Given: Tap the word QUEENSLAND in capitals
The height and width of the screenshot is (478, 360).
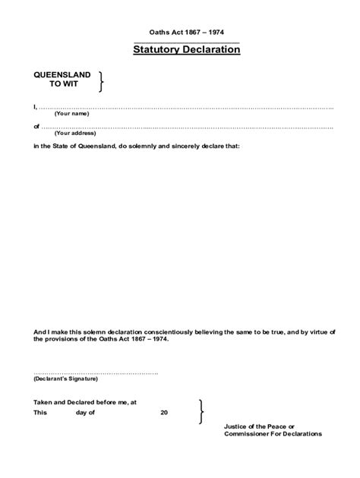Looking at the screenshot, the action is tap(62, 75).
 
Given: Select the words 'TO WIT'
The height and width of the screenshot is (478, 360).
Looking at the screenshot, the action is tap(62, 85).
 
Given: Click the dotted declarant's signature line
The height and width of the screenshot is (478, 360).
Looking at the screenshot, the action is tap(96, 373).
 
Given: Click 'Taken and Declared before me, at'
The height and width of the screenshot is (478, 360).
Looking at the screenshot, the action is tap(84, 402).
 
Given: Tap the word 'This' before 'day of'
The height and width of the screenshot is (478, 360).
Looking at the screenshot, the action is tap(39, 413).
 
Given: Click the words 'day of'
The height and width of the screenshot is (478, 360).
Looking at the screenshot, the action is tap(85, 413).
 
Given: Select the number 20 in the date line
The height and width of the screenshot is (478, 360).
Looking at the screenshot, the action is tap(164, 413).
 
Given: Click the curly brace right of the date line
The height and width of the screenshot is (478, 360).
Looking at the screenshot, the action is tap(200, 410).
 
